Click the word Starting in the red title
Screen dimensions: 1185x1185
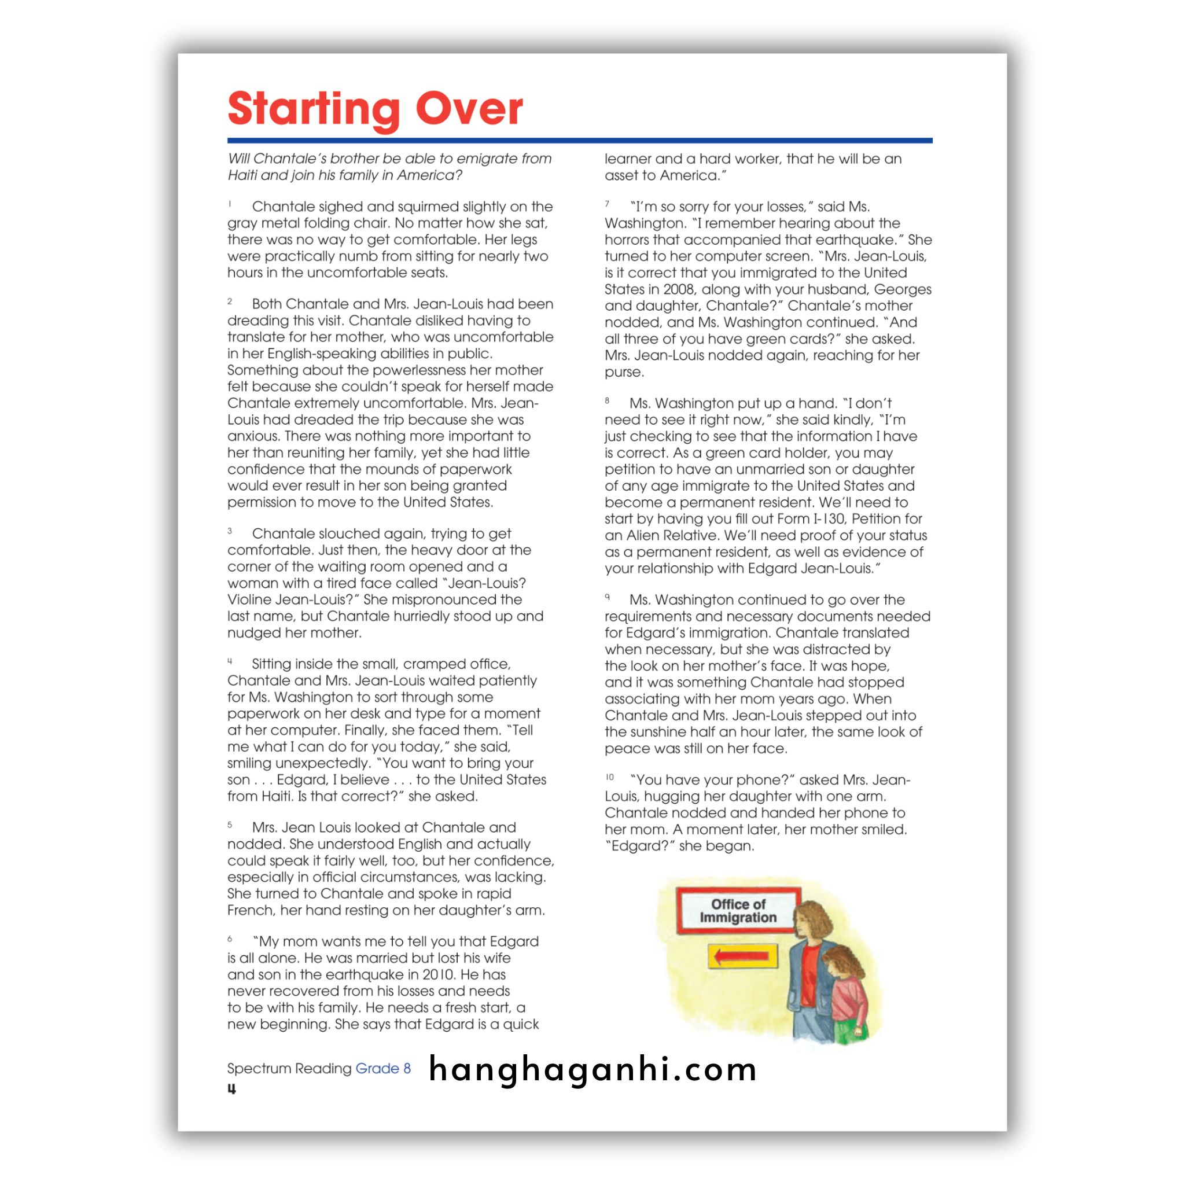[x=314, y=109]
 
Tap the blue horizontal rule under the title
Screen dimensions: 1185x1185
[x=580, y=141]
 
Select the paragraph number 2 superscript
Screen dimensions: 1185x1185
[x=230, y=301]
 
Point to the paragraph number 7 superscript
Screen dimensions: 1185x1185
[x=607, y=204]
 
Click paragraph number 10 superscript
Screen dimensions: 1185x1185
[x=610, y=777]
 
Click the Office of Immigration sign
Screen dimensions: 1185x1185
[x=738, y=911]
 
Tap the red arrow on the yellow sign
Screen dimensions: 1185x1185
[x=743, y=956]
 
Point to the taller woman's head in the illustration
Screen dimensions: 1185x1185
[x=814, y=920]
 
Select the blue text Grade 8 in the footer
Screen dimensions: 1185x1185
[x=382, y=1069]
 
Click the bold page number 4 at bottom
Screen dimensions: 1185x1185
[x=232, y=1089]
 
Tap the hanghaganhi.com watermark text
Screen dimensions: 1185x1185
[x=592, y=1070]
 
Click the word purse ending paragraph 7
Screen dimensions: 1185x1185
[x=624, y=371]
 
